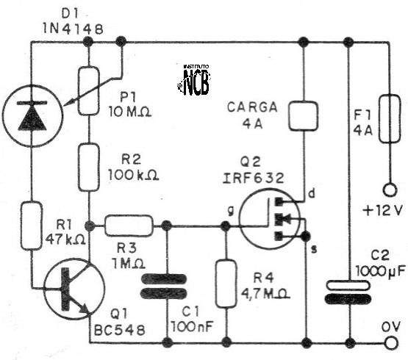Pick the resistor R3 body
coord(129,226)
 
